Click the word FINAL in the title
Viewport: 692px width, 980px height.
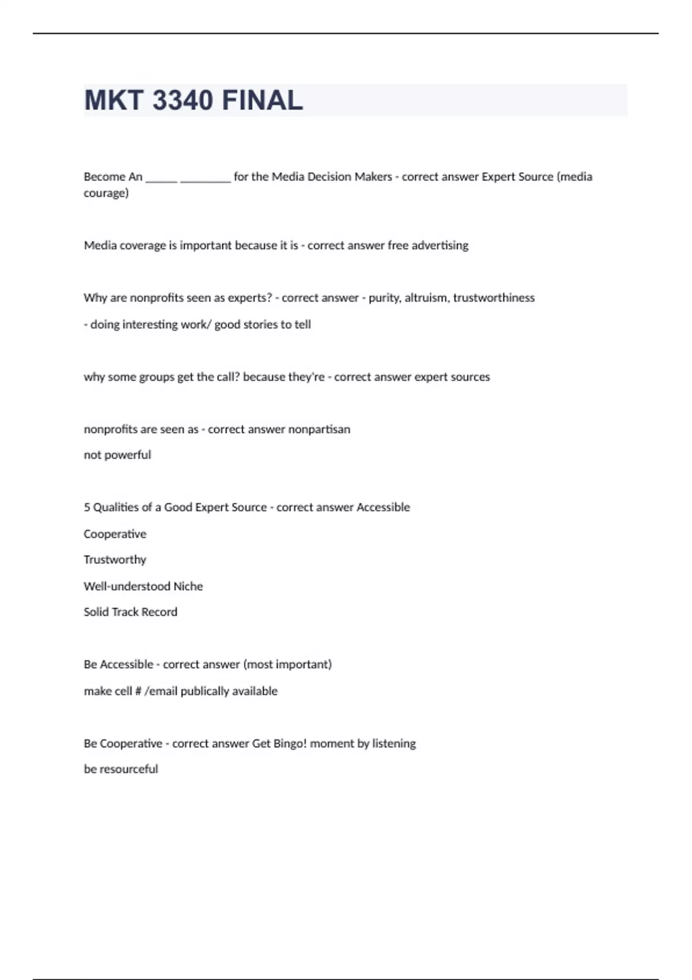pyautogui.click(x=262, y=100)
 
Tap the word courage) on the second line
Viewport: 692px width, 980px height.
pyautogui.click(x=106, y=193)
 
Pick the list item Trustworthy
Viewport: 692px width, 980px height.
pyautogui.click(x=115, y=560)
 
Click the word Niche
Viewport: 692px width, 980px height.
pyautogui.click(x=188, y=586)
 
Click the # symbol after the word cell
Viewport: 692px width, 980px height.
pyautogui.click(x=138, y=691)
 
